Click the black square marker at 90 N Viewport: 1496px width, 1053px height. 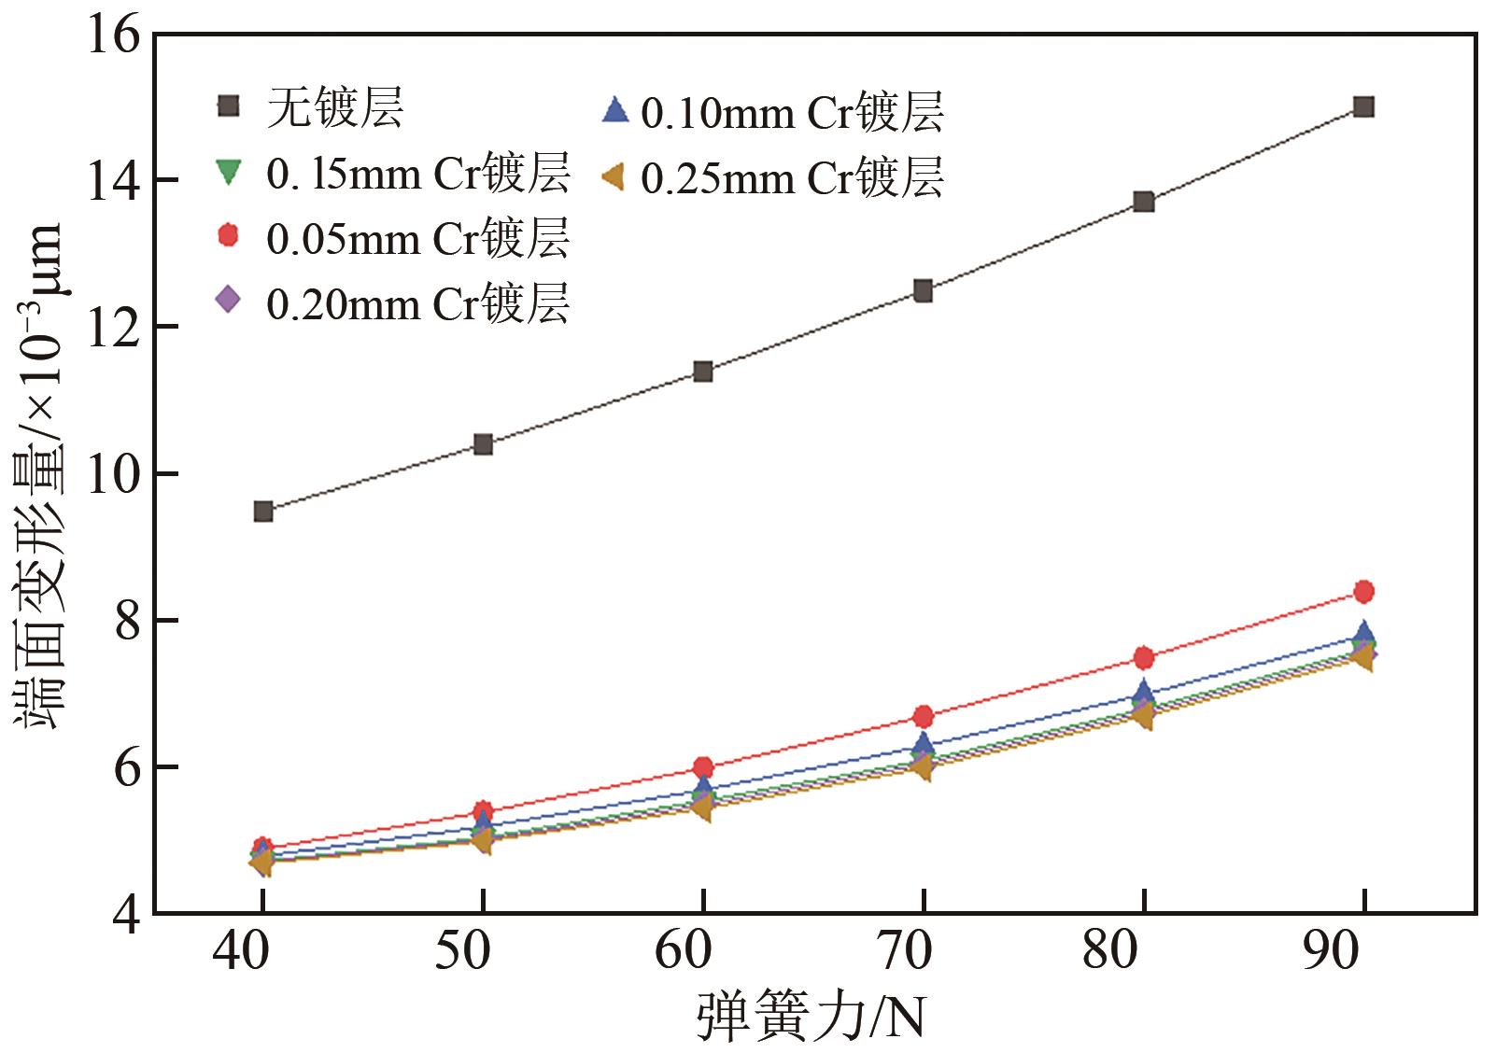point(1362,106)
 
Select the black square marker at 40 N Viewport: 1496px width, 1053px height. point(263,512)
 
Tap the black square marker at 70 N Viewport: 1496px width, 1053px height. point(923,291)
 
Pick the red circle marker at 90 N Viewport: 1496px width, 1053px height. point(1362,591)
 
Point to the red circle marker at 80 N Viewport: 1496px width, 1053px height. point(1143,658)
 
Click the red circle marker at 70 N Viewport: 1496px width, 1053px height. point(923,717)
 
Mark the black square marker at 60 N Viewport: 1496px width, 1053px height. point(703,372)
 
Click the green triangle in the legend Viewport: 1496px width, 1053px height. point(228,173)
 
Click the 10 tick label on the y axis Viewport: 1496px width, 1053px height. point(114,474)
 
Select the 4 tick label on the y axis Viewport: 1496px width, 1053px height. point(128,913)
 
